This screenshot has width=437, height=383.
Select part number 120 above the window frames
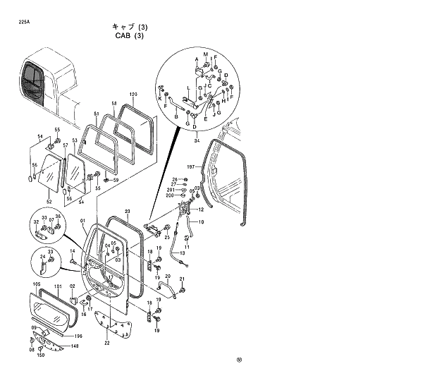point(133,95)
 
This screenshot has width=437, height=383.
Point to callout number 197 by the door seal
point(190,167)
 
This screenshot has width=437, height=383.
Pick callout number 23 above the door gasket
point(127,212)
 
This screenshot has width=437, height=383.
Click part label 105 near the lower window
point(36,286)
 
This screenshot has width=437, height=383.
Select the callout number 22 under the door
point(106,344)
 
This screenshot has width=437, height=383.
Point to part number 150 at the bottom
point(41,355)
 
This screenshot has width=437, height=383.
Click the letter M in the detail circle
point(206,54)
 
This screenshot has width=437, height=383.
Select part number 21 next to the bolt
point(181,280)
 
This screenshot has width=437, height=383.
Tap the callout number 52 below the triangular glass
point(49,191)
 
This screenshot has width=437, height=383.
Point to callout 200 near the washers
point(170,195)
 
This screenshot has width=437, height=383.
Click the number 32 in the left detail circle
point(36,222)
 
